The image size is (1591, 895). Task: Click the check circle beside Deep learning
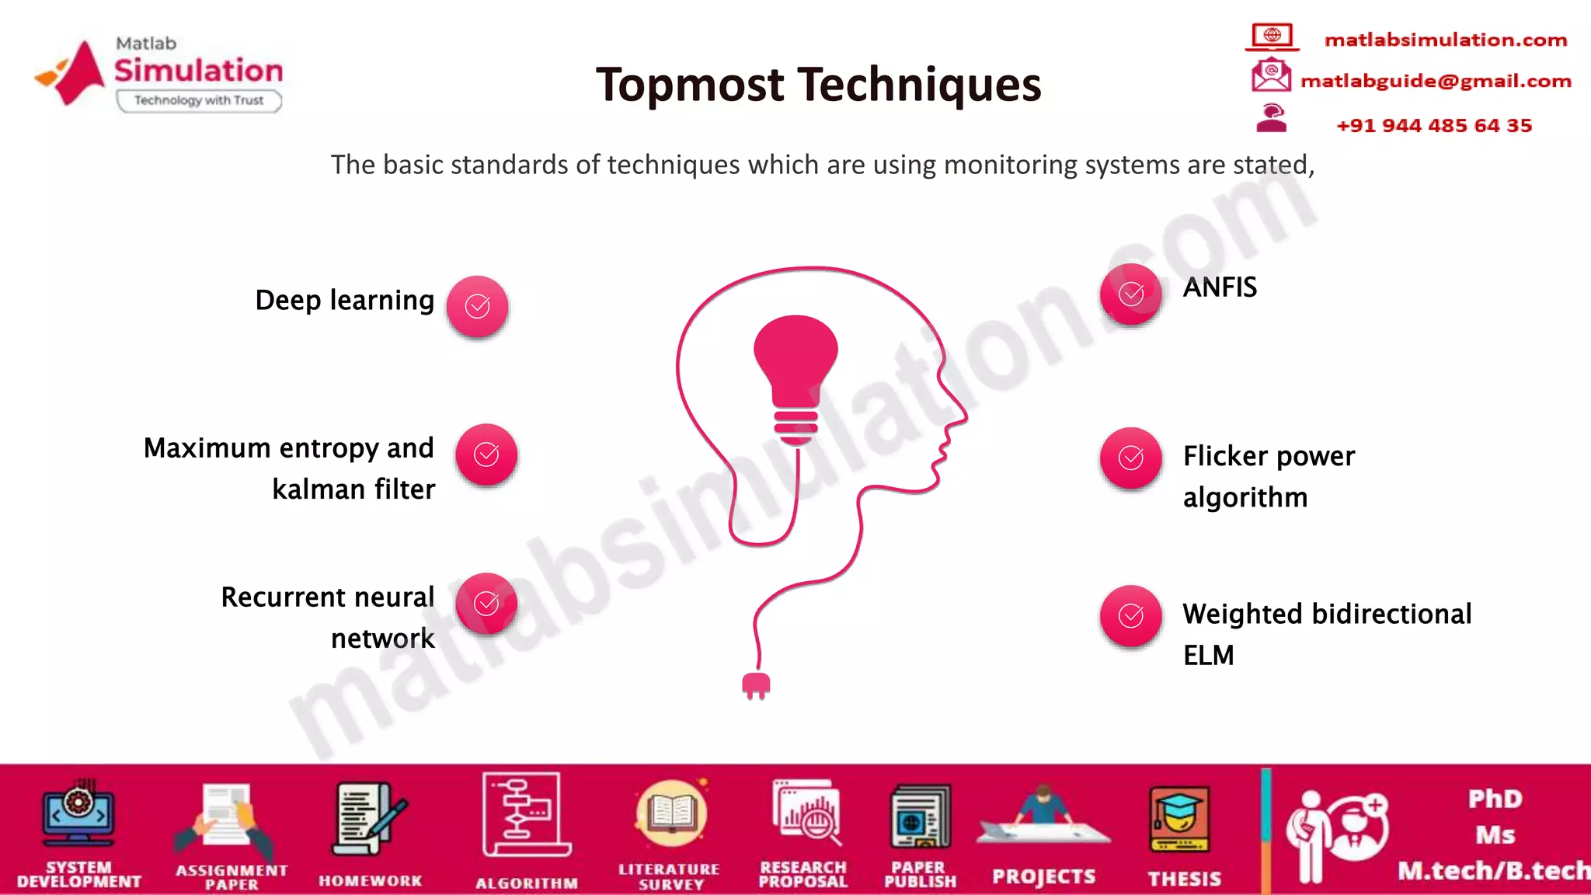pos(477,306)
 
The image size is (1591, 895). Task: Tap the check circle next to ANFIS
pos(1131,294)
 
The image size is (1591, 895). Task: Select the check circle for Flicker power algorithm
pos(1131,458)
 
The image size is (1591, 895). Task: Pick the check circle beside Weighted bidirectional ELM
pos(1131,616)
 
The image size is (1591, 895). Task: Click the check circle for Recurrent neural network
pos(486,603)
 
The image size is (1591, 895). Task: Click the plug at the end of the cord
pos(756,685)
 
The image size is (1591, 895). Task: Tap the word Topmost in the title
pos(690,85)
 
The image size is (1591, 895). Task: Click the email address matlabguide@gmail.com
pos(1436,81)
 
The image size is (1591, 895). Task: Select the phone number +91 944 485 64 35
pos(1434,125)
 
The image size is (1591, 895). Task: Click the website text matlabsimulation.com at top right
pos(1446,40)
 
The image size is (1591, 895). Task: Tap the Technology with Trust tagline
pos(199,100)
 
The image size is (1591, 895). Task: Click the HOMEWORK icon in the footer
pos(370,820)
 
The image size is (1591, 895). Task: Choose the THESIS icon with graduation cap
pos(1179,820)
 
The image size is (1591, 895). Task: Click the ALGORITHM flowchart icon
pos(526,815)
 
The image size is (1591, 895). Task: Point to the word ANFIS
pos(1220,287)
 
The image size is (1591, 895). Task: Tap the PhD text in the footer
pos(1495,799)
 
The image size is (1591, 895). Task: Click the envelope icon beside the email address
pos(1271,76)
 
